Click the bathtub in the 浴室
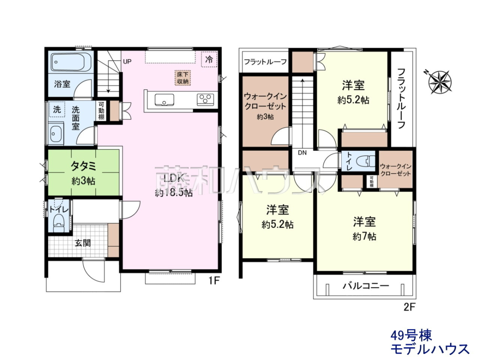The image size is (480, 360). tap(71, 62)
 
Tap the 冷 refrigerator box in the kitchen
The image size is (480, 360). tap(209, 59)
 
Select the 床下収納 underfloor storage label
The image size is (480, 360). tap(182, 78)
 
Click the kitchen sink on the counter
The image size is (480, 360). tap(164, 100)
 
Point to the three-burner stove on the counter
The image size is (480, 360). tap(205, 99)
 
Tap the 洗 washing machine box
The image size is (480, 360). tap(57, 109)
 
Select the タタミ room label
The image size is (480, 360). tap(83, 166)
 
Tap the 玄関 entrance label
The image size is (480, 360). tap(83, 243)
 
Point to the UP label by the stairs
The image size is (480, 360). tap(127, 62)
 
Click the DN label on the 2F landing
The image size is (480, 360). tap(302, 153)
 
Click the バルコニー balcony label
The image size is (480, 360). tap(366, 286)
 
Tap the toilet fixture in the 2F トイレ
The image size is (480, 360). tap(366, 162)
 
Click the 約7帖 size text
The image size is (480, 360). tap(364, 236)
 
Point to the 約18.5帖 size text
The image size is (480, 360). tap(174, 193)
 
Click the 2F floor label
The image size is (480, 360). tap(409, 308)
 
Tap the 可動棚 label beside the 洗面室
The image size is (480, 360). tap(101, 111)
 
